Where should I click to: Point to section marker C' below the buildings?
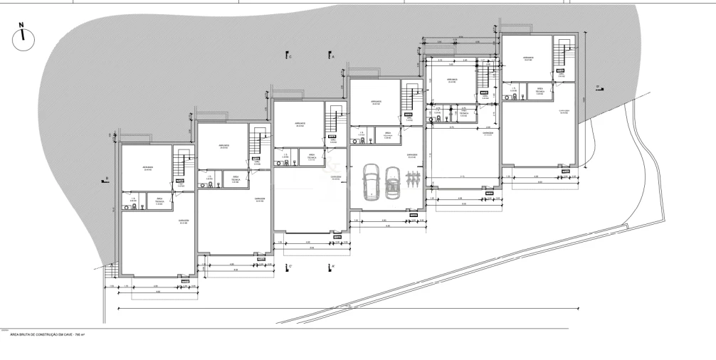[x=287, y=267]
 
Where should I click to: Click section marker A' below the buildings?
[x=332, y=267]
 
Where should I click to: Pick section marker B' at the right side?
[x=599, y=88]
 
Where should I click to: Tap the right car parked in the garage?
[x=391, y=182]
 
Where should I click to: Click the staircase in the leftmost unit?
[x=183, y=167]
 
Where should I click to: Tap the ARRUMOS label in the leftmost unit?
[x=148, y=169]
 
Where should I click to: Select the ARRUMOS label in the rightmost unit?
[x=527, y=58]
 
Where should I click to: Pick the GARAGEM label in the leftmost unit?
[x=183, y=221]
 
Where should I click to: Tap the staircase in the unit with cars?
[x=411, y=97]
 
